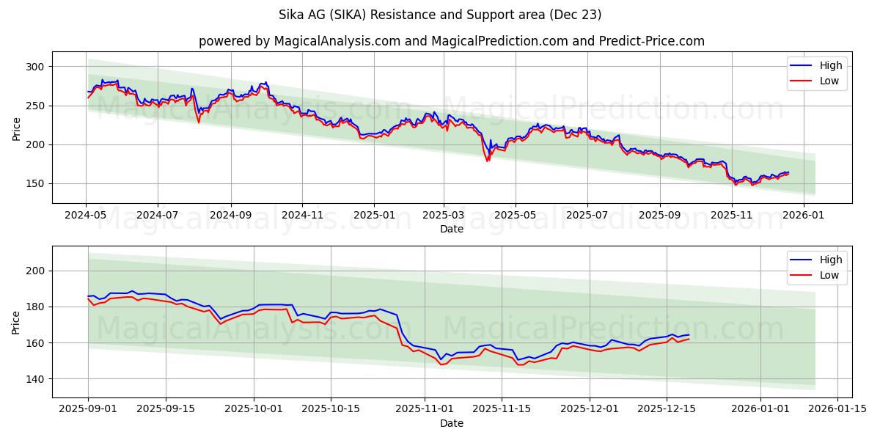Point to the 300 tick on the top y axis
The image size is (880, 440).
pyautogui.click(x=35, y=67)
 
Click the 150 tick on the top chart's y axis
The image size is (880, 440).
pyautogui.click(x=35, y=184)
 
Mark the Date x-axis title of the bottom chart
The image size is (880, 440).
pyautogui.click(x=451, y=423)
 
